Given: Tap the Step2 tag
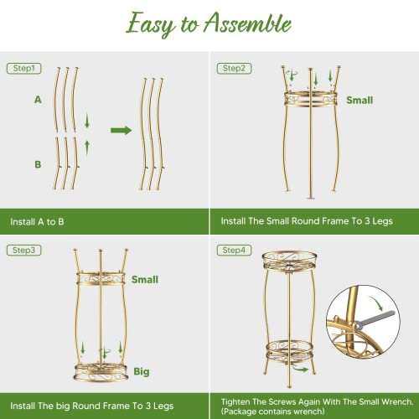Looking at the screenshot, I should pyautogui.click(x=234, y=67).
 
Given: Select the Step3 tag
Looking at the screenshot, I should pyautogui.click(x=22, y=249).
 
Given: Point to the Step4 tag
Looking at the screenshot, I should pyautogui.click(x=234, y=249).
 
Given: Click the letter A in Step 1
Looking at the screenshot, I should pyautogui.click(x=38, y=99).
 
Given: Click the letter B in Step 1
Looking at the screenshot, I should pyautogui.click(x=38, y=165).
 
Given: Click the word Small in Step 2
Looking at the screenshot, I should pyautogui.click(x=360, y=100).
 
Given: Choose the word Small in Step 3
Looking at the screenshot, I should pyautogui.click(x=145, y=279).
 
